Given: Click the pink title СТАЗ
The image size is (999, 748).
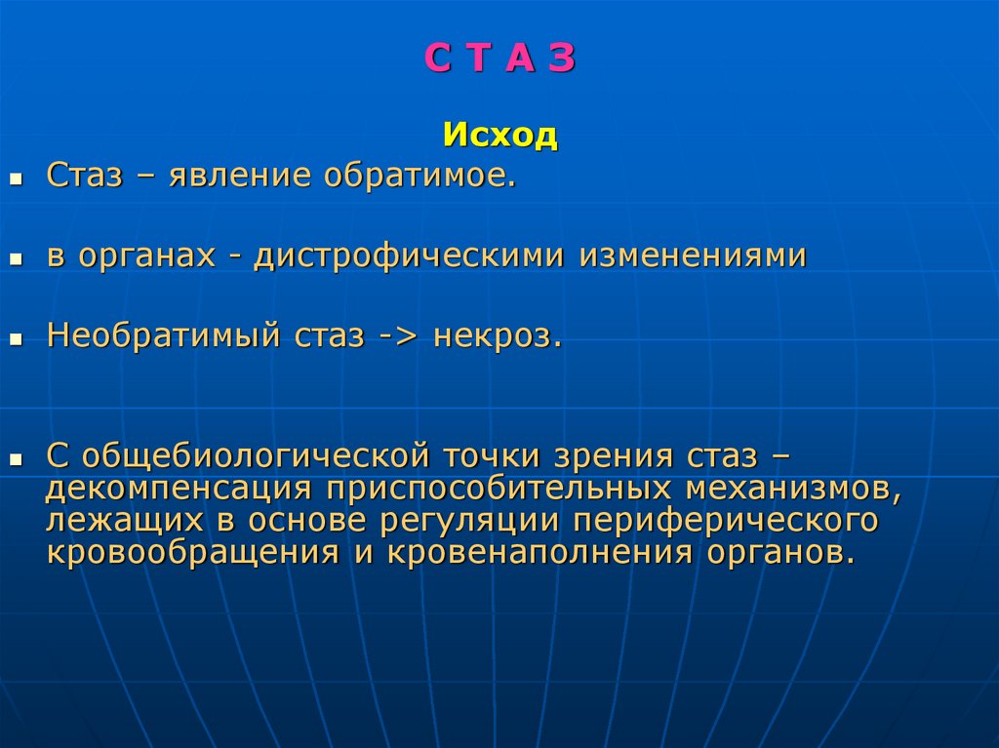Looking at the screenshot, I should coord(499,59).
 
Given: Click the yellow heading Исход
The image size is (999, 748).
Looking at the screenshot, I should coord(499,135).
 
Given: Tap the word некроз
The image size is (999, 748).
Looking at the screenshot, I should coord(498,338).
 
